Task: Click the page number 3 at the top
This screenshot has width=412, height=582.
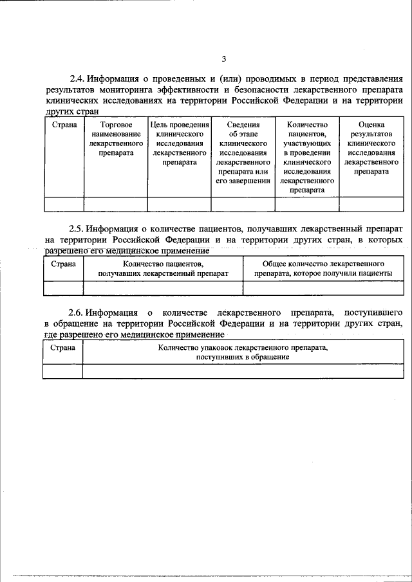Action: [x=224, y=59]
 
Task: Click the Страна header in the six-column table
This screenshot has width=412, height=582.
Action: [x=63, y=124]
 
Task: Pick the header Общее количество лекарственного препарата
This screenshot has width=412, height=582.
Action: [x=323, y=268]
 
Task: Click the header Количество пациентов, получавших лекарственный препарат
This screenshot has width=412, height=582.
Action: [x=163, y=268]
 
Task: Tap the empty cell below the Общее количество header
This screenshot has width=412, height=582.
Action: [x=323, y=287]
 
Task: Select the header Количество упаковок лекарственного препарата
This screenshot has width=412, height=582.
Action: [x=243, y=352]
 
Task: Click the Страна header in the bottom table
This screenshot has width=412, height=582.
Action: [x=63, y=348]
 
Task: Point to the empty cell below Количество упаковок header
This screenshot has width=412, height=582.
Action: [x=243, y=371]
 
